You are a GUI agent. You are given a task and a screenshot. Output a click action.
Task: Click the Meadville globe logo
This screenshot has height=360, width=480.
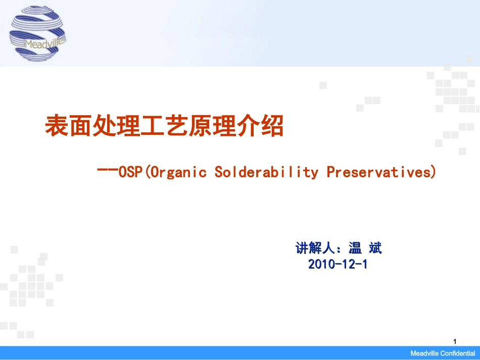pyautogui.click(x=38, y=33)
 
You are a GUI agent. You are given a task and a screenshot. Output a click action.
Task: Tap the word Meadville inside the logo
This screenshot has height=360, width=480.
pyautogui.click(x=44, y=43)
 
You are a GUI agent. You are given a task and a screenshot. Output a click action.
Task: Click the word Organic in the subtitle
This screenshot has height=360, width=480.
pyautogui.click(x=178, y=172)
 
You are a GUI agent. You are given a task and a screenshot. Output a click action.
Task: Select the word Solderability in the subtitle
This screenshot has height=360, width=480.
pyautogui.click(x=266, y=172)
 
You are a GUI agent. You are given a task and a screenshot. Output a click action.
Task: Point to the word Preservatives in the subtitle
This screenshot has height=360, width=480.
pyautogui.click(x=378, y=172)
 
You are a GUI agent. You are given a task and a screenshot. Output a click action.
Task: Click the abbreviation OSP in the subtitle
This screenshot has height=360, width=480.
pyautogui.click(x=130, y=172)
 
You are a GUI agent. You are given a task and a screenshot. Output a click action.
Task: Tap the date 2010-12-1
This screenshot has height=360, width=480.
pyautogui.click(x=338, y=264)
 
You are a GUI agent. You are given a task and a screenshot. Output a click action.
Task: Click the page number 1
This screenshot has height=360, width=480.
pyautogui.click(x=455, y=341)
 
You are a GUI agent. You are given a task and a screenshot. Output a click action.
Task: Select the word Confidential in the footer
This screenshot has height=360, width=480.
pyautogui.click(x=458, y=353)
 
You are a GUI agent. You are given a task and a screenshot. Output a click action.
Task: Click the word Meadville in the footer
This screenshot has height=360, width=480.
pyautogui.click(x=425, y=353)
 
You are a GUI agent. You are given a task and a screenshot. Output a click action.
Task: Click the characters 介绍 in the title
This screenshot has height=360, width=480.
pyautogui.click(x=260, y=126)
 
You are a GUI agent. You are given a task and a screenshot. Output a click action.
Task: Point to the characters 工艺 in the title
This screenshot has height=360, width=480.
pyautogui.click(x=164, y=126)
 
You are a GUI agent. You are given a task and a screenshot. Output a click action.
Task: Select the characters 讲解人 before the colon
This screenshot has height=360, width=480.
pyautogui.click(x=315, y=248)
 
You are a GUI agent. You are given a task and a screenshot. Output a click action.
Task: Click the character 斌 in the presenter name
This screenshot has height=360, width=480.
pyautogui.click(x=375, y=248)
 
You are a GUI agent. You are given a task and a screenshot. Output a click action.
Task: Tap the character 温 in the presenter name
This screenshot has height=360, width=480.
pyautogui.click(x=355, y=248)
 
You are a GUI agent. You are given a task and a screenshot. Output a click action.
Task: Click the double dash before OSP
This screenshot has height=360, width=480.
pyautogui.click(x=108, y=170)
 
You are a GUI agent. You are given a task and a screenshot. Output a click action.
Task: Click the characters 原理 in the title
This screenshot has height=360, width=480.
pyautogui.click(x=212, y=126)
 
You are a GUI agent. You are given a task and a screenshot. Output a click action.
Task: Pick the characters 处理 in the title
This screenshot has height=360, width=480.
pyautogui.click(x=116, y=126)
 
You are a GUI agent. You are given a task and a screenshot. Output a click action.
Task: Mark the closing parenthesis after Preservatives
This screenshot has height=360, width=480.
pyautogui.click(x=434, y=172)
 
